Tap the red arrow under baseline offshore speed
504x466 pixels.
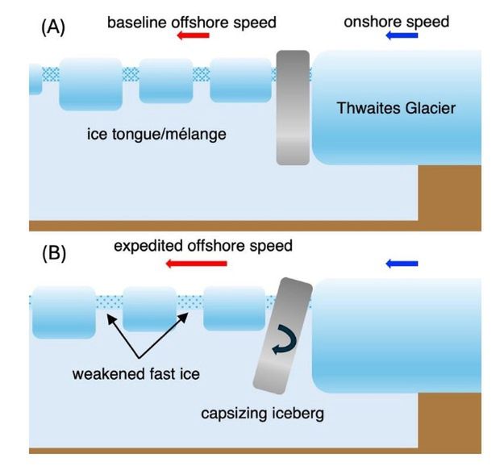pyautogui.click(x=194, y=36)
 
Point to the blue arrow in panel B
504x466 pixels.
pyautogui.click(x=402, y=263)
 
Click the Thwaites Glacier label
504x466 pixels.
pyautogui.click(x=396, y=108)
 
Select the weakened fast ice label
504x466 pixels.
pyautogui.click(x=136, y=375)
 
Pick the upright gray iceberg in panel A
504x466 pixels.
pyautogui.click(x=292, y=107)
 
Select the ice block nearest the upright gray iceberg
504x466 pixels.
pyautogui.click(x=240, y=81)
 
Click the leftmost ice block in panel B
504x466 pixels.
pyautogui.click(x=63, y=312)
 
